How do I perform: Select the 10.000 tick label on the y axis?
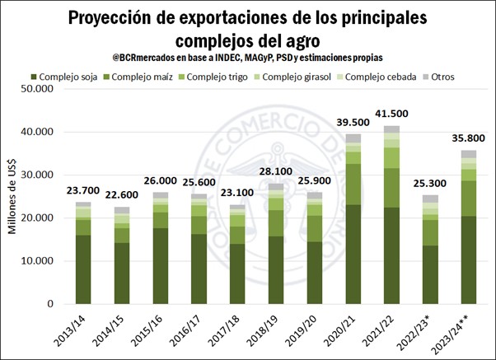tap(40, 261)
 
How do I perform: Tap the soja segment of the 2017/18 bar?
tap(237, 274)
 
